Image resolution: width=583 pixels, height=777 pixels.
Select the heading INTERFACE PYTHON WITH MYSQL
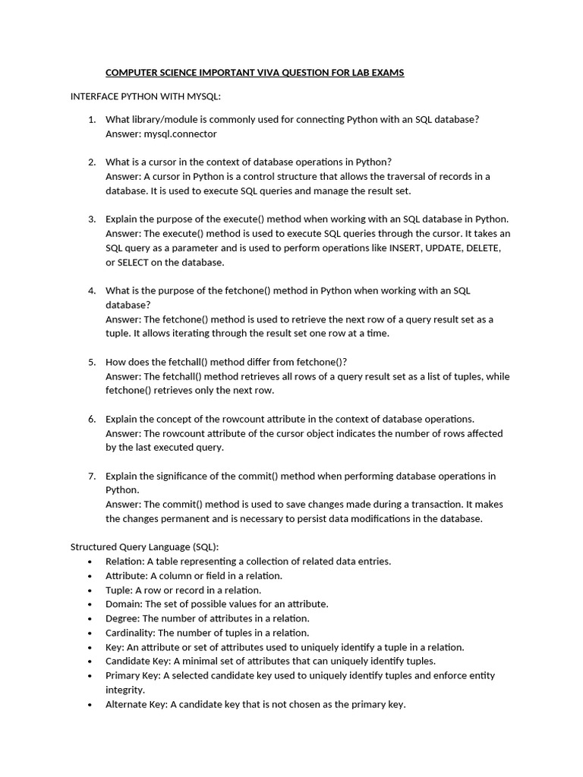click(x=145, y=97)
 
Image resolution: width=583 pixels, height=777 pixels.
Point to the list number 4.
click(x=91, y=291)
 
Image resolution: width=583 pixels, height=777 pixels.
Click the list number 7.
click(x=91, y=476)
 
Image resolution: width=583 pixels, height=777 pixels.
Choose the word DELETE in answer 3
click(x=484, y=248)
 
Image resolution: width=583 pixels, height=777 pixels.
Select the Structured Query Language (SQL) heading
click(x=144, y=547)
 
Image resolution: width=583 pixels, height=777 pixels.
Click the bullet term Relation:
click(x=124, y=562)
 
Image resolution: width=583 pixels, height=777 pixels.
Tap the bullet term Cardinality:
click(x=130, y=633)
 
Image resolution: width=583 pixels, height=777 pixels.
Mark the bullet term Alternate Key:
click(x=136, y=704)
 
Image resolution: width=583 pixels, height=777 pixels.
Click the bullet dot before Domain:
click(x=90, y=605)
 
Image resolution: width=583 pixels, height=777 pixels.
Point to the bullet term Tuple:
click(x=118, y=590)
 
